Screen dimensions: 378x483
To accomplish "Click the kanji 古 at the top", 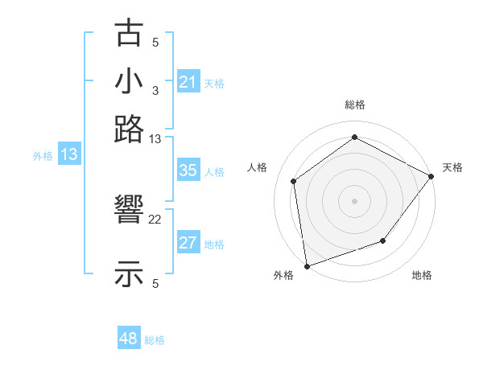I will tap(129, 33).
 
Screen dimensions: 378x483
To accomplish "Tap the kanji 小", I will tap(129, 81).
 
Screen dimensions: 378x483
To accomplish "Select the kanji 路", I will tap(129, 129).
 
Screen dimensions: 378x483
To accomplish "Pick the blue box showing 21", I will tap(188, 82).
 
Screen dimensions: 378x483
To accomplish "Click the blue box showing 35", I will tap(188, 171).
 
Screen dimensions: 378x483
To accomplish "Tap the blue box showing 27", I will tap(188, 244).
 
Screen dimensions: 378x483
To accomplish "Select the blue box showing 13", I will tap(69, 155).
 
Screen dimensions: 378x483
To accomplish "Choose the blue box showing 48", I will tap(129, 339).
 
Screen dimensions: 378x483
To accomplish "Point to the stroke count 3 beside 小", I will tap(155, 91).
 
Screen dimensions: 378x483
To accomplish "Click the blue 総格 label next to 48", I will tap(155, 340).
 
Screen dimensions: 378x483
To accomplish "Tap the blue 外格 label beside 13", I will tap(43, 156).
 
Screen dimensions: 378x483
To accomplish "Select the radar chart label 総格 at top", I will tap(355, 105).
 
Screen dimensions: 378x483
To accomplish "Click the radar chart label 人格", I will tap(258, 167).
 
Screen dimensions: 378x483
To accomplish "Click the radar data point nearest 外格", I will tap(307, 265).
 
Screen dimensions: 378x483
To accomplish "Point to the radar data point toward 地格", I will tap(383, 240).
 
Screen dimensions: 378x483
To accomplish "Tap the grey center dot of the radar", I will tap(355, 200).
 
